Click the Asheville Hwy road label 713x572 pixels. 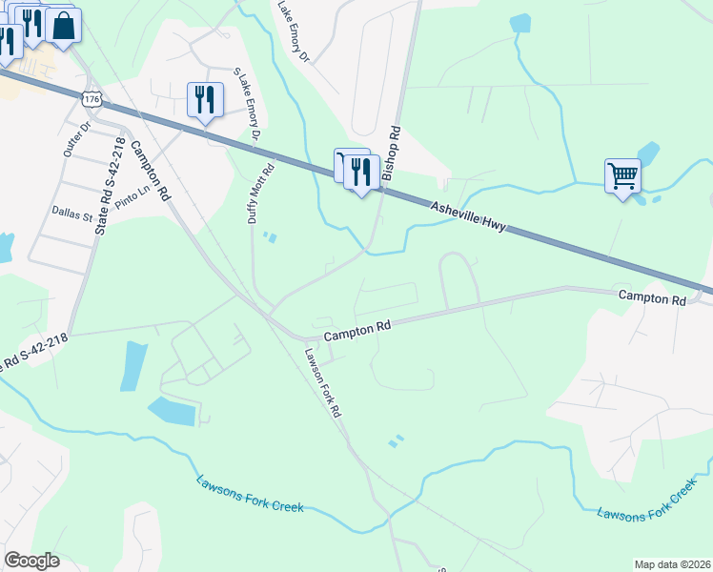point(466,216)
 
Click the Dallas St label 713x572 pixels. point(72,214)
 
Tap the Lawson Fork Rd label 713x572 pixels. point(323,384)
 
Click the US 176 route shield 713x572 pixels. point(92,99)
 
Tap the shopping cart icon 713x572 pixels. point(622,175)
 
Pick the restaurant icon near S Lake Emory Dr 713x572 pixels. point(205,99)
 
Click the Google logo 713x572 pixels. point(32,561)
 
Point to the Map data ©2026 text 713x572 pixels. point(672,564)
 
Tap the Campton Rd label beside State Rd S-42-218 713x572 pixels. point(151,170)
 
